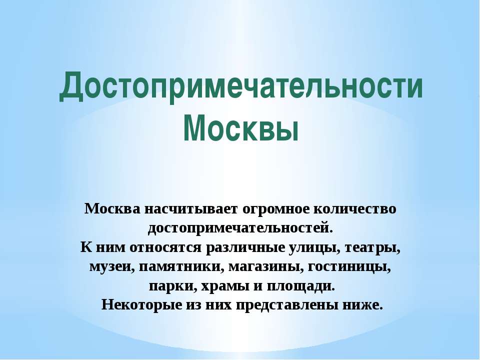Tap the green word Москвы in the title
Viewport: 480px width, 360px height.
pyautogui.click(x=241, y=128)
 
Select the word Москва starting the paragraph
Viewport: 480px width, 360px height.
pyautogui.click(x=112, y=209)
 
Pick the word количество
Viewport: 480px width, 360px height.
pyautogui.click(x=355, y=209)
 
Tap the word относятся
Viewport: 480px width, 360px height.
pyautogui.click(x=165, y=248)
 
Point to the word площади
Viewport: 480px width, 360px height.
pyautogui.click(x=301, y=286)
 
